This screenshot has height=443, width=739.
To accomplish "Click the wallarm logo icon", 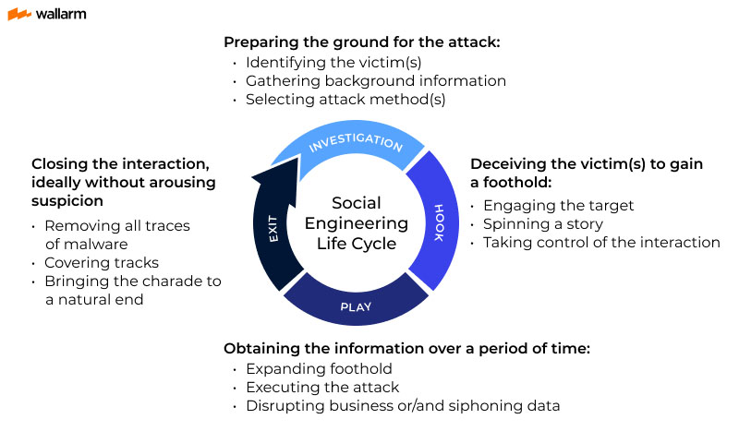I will tap(18, 15).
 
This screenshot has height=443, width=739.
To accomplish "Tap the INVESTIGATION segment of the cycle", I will tap(356, 144).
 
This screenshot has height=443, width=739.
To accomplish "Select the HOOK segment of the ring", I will tap(439, 222).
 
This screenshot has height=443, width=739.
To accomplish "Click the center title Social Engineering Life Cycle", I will tap(356, 222).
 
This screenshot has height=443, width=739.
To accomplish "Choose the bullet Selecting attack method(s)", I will tap(345, 99).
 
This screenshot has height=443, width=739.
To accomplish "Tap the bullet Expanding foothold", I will tap(319, 369).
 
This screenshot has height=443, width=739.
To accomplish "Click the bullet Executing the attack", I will tap(322, 388).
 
